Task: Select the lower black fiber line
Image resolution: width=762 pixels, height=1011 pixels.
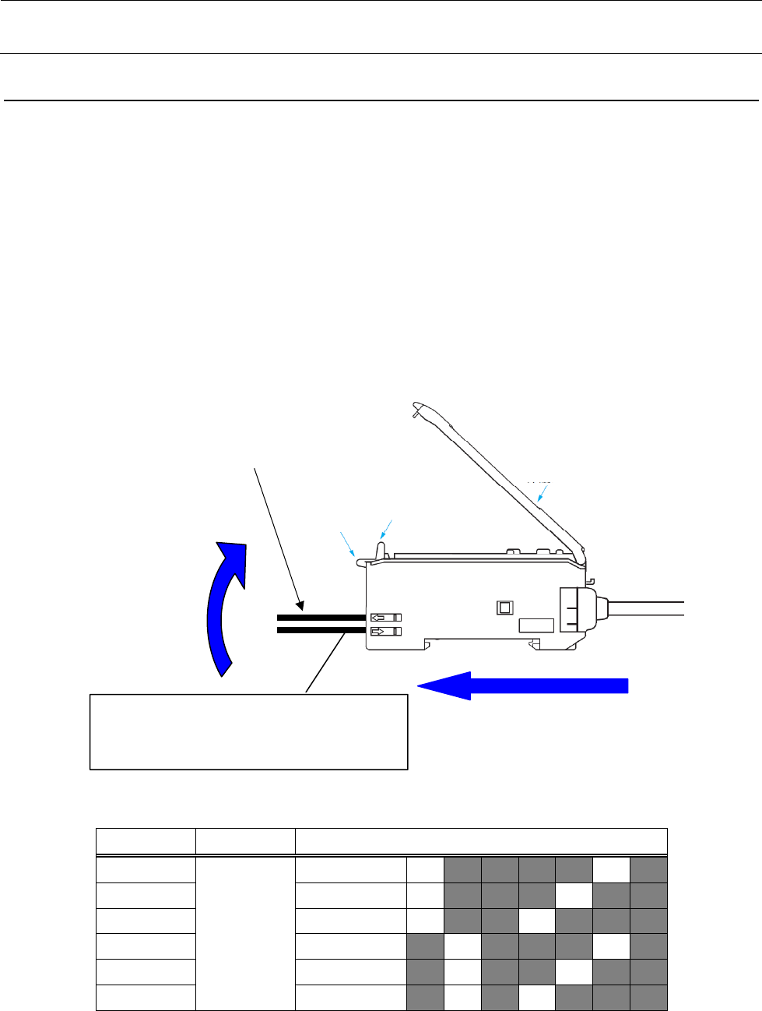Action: tap(321, 630)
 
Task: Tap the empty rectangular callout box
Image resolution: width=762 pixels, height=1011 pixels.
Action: tap(249, 731)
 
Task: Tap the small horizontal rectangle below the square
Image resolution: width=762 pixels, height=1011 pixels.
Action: tap(536, 625)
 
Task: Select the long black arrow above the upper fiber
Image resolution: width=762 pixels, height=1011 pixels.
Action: tap(277, 537)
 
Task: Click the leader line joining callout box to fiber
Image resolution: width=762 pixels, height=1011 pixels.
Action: tap(326, 662)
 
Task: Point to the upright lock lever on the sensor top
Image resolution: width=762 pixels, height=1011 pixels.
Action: tap(380, 548)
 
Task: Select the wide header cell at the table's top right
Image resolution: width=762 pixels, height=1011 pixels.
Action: tap(480, 842)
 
